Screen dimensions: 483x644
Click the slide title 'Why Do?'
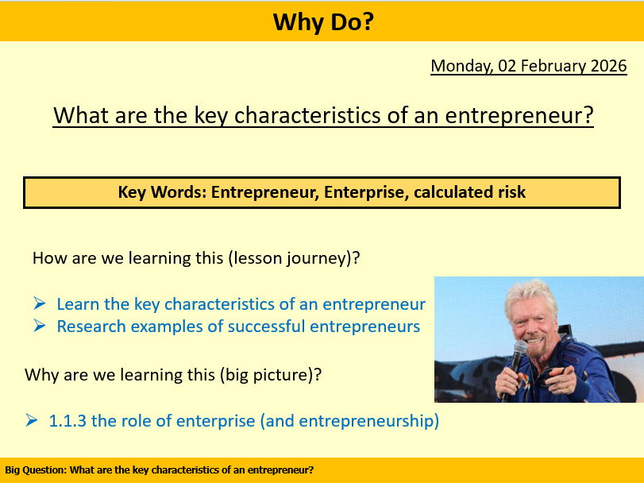(x=322, y=21)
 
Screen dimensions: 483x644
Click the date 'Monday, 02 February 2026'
(x=528, y=66)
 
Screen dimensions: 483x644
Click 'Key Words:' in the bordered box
(x=162, y=192)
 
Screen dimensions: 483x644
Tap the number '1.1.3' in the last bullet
(x=68, y=421)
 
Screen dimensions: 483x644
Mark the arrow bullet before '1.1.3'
(x=32, y=421)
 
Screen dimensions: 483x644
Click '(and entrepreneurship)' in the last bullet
(x=349, y=421)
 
